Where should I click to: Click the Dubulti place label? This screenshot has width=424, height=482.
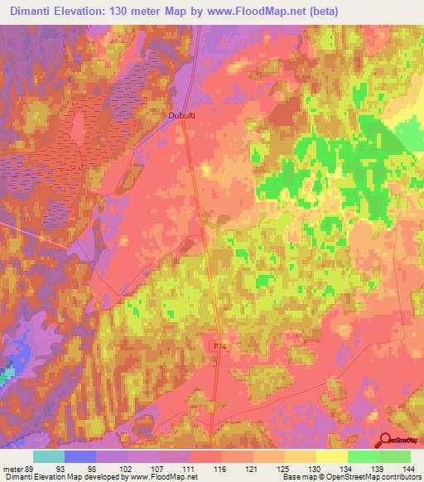[x=182, y=117]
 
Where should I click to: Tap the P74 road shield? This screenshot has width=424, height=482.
[x=219, y=346]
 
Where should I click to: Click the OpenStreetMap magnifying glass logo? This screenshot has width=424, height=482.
[x=387, y=441]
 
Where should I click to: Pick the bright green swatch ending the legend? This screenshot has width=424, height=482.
[x=395, y=456]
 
